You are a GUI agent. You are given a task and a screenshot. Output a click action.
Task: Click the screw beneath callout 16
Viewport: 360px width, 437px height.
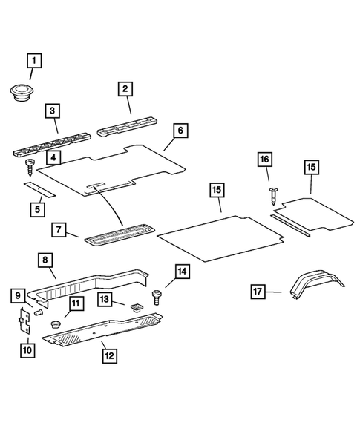272,194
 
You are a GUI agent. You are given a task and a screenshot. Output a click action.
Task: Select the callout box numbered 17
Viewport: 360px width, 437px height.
258,292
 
